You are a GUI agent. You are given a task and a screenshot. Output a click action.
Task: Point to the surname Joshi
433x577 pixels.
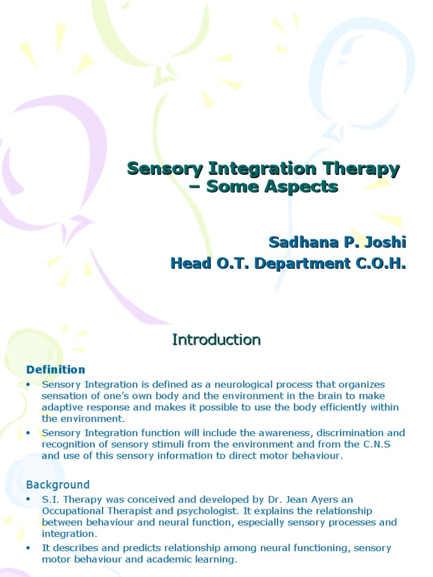(386, 242)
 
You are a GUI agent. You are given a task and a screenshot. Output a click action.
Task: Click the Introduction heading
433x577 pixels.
(216, 340)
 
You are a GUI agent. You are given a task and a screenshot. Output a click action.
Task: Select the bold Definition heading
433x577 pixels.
(56, 370)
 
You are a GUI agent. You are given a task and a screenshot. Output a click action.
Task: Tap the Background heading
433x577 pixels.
(58, 485)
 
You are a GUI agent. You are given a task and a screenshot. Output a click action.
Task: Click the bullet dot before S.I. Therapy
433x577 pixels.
(29, 499)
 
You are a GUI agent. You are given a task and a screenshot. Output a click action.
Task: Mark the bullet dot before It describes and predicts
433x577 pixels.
(29, 548)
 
